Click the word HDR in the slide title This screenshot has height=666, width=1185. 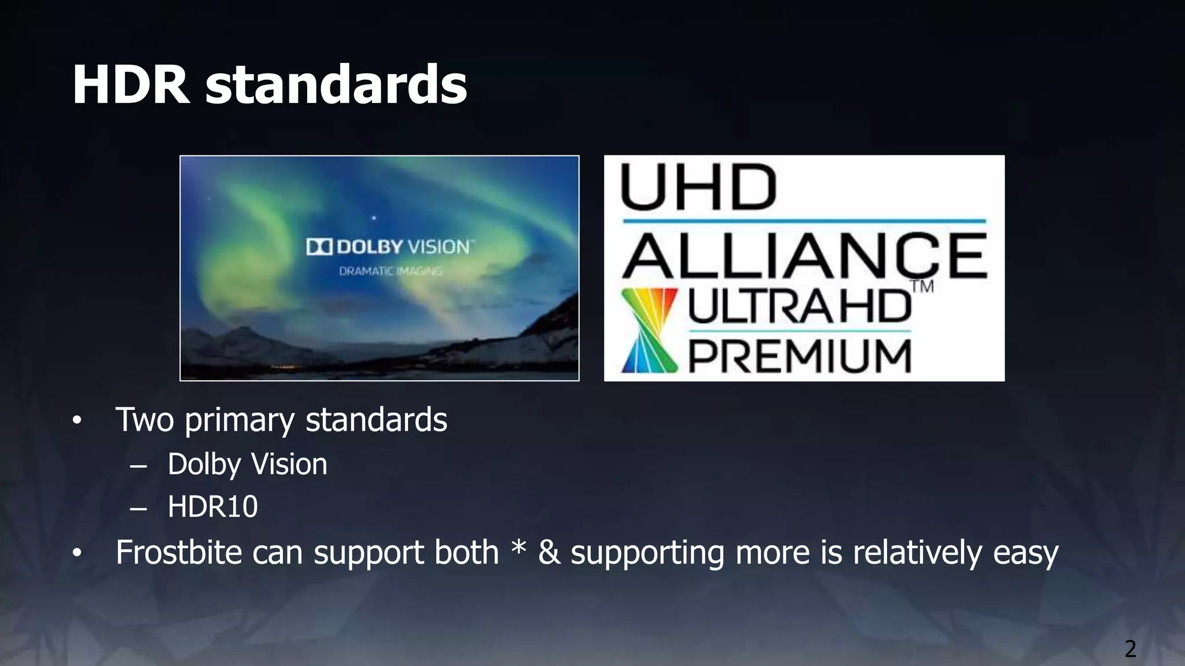131,85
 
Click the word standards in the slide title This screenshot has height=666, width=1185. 336,85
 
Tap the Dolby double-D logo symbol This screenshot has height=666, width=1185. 319,247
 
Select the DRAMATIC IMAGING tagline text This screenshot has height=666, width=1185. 391,271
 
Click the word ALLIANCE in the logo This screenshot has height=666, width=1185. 805,256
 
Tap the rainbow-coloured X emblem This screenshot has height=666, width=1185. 649,330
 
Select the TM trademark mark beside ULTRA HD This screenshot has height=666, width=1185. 922,287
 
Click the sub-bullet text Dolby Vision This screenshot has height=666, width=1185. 247,464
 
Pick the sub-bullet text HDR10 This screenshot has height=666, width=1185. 212,507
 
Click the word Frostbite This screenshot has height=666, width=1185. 178,552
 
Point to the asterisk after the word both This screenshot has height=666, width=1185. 519,547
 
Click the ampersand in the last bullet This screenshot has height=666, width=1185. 549,552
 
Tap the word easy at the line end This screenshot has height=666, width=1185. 1025,553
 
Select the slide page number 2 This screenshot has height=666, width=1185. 1130,649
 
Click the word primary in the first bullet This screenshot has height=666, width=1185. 239,420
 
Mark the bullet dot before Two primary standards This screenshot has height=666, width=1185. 77,420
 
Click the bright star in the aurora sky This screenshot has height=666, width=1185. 374,218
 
